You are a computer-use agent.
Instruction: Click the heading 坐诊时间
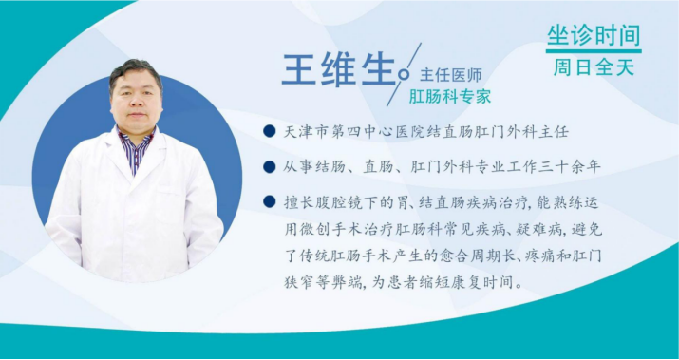click(593, 36)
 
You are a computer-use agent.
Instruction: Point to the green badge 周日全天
click(593, 67)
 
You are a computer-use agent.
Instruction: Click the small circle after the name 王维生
click(406, 73)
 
